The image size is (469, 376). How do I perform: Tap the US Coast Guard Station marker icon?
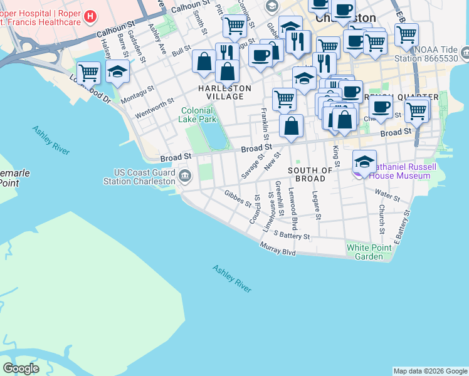point(185,175)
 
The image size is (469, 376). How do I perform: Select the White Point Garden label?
point(369,252)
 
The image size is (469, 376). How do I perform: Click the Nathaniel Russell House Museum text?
point(399,171)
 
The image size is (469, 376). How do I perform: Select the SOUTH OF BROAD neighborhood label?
point(310,175)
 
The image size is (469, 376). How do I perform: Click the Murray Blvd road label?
point(277,249)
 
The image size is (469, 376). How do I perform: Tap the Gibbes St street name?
point(238,199)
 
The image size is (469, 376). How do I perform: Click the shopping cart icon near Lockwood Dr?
point(88,73)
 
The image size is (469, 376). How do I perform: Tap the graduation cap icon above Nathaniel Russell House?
point(364,162)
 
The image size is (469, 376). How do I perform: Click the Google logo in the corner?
point(21,368)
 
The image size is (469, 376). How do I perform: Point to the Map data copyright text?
point(430,371)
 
